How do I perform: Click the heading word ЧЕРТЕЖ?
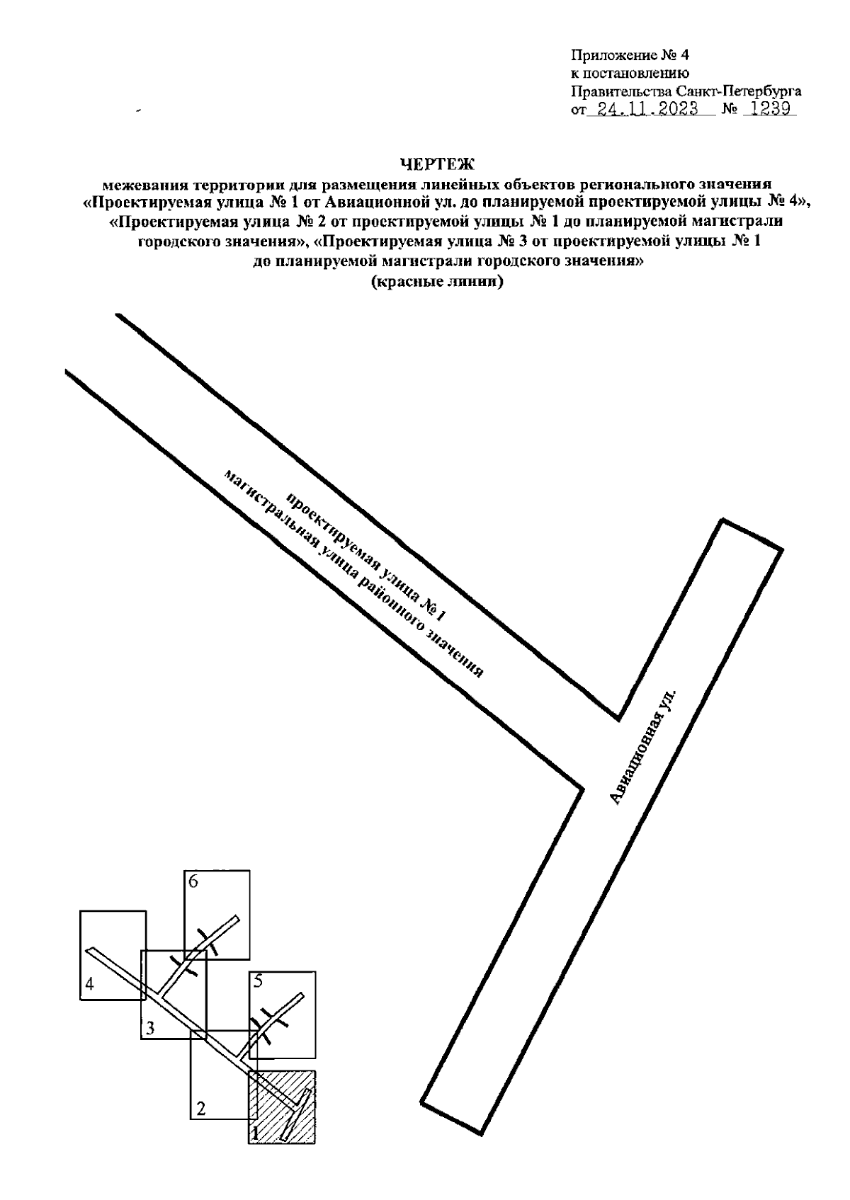tap(437, 164)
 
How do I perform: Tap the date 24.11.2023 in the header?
tap(644, 109)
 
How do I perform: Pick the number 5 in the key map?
tap(258, 981)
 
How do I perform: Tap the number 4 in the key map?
tap(89, 983)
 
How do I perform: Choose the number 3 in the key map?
tap(150, 1028)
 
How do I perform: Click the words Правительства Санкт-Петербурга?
tap(686, 91)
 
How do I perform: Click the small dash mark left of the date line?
tap(138, 110)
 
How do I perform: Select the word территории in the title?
tap(228, 186)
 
